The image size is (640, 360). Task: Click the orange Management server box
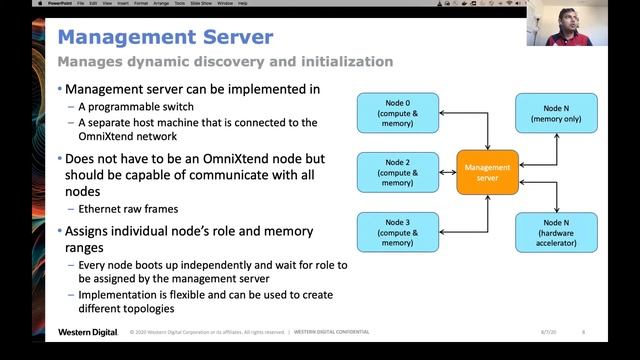pos(488,172)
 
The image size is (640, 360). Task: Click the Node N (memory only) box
pos(556,113)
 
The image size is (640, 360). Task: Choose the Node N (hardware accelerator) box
pos(556,231)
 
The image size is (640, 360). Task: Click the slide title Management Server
pos(165,37)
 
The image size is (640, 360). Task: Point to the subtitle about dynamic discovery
pos(225,62)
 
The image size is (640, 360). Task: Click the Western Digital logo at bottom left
pos(88,332)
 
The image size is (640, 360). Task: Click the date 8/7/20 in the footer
pos(548,332)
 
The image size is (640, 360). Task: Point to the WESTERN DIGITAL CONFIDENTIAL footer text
pos(331,332)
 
